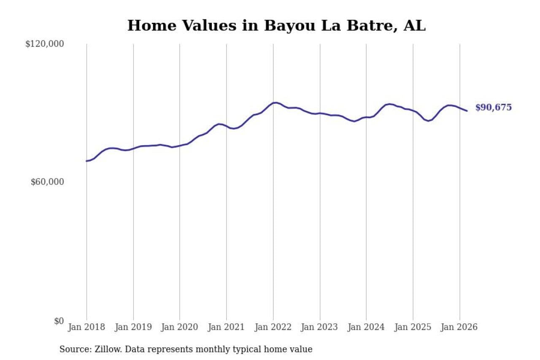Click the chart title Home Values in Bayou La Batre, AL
pyautogui.click(x=276, y=26)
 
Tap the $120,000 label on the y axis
pyautogui.click(x=44, y=44)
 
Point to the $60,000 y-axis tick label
pyautogui.click(x=47, y=182)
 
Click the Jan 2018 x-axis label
pyautogui.click(x=87, y=328)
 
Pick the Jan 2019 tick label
pyautogui.click(x=133, y=328)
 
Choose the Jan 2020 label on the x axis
pyautogui.click(x=180, y=328)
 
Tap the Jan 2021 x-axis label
pyautogui.click(x=227, y=328)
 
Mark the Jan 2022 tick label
pyautogui.click(x=273, y=328)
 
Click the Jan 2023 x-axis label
pyautogui.click(x=320, y=328)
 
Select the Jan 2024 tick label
pyautogui.click(x=366, y=328)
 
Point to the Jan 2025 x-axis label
pyautogui.click(x=413, y=328)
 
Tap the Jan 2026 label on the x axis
pyautogui.click(x=459, y=328)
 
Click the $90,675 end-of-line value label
pyautogui.click(x=493, y=108)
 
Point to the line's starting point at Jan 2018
pyautogui.click(x=86, y=161)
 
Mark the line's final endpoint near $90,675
pyautogui.click(x=467, y=111)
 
